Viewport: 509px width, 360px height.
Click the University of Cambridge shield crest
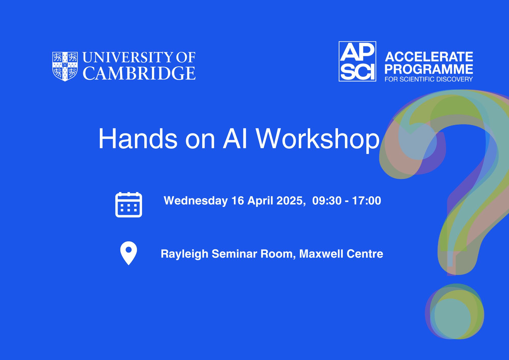(x=65, y=66)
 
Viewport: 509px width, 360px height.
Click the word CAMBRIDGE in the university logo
(x=139, y=73)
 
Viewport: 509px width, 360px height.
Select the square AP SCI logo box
(x=357, y=61)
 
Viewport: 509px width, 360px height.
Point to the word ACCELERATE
(x=429, y=57)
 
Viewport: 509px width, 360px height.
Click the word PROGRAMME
(x=429, y=69)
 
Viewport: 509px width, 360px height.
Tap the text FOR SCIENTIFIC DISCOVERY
(x=429, y=79)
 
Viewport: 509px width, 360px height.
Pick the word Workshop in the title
(x=318, y=140)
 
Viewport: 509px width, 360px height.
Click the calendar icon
(x=129, y=205)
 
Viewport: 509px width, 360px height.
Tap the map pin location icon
(x=129, y=253)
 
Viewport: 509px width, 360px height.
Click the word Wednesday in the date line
(x=196, y=201)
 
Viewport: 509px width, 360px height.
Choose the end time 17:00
(x=366, y=201)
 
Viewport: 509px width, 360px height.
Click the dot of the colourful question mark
(x=455, y=311)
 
